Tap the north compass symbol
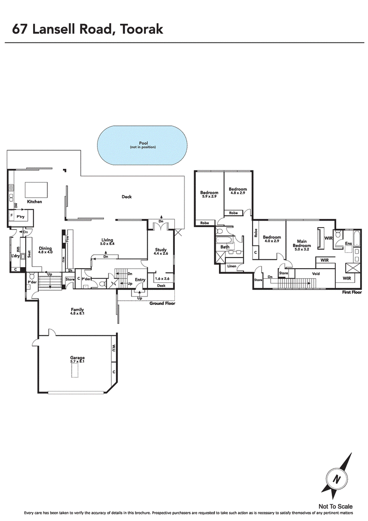tap(337, 479)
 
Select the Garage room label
tap(77, 357)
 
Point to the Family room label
tap(77, 310)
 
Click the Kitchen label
tap(34, 202)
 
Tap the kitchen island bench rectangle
tap(36, 189)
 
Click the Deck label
tap(126, 197)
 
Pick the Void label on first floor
tap(316, 274)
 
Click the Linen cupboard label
tap(231, 266)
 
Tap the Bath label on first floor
tap(225, 247)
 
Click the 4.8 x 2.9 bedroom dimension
tap(238, 193)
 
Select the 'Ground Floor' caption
tap(162, 304)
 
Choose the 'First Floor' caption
tap(351, 292)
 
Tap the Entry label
tap(140, 280)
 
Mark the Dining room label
tap(46, 248)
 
